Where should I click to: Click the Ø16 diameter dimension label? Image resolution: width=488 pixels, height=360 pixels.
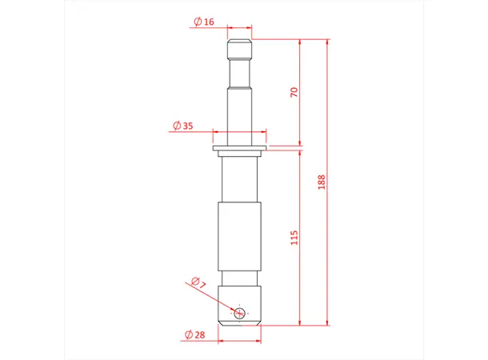tap(204, 22)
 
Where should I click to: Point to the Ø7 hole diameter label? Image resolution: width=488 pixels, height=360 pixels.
tap(198, 282)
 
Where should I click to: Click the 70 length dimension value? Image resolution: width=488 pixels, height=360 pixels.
tap(294, 93)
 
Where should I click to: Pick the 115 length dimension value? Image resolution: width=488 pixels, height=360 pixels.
tap(294, 238)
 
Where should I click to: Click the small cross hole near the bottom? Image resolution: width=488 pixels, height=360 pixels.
tap(238, 313)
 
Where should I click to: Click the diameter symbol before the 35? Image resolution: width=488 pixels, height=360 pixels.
tap(175, 126)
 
